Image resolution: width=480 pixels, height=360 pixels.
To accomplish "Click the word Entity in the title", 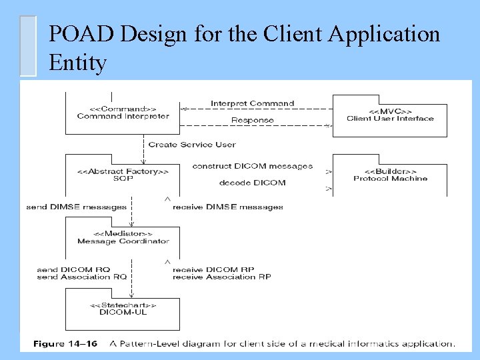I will click(77, 63).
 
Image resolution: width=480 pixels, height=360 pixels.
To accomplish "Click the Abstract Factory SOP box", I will click(123, 175).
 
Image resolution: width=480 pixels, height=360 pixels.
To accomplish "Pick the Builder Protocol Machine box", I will click(390, 175).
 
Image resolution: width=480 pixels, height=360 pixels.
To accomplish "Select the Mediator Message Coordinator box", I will click(123, 237).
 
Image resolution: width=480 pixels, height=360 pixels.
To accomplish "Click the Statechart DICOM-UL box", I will click(123, 308).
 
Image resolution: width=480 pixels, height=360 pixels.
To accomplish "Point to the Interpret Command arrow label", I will click(252, 103).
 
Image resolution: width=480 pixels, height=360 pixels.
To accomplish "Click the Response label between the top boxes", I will click(252, 120).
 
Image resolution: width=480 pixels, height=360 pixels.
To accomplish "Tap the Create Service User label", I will click(192, 144).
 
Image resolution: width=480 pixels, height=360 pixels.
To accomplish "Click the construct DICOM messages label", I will click(252, 166).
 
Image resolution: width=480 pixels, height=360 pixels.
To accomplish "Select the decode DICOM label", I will click(252, 183).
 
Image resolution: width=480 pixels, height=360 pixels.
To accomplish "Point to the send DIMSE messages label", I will click(76, 207).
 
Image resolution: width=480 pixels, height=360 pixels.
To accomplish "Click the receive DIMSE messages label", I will click(227, 207).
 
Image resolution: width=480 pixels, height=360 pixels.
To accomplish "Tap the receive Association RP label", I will click(221, 277).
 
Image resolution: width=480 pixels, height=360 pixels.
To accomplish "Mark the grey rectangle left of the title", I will click(27, 45).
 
